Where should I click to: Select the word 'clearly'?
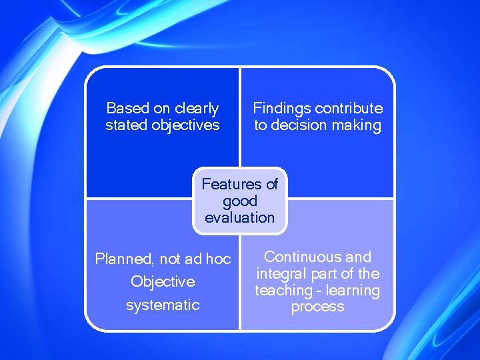pos(197,108)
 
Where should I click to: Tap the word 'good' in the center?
pos(240,201)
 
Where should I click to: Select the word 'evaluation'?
pos(240,217)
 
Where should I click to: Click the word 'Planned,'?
pos(125,259)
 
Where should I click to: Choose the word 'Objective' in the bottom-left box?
pos(163,281)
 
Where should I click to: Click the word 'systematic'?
pos(163,305)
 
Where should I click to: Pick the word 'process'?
pos(317,307)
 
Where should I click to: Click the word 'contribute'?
pos(349,108)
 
